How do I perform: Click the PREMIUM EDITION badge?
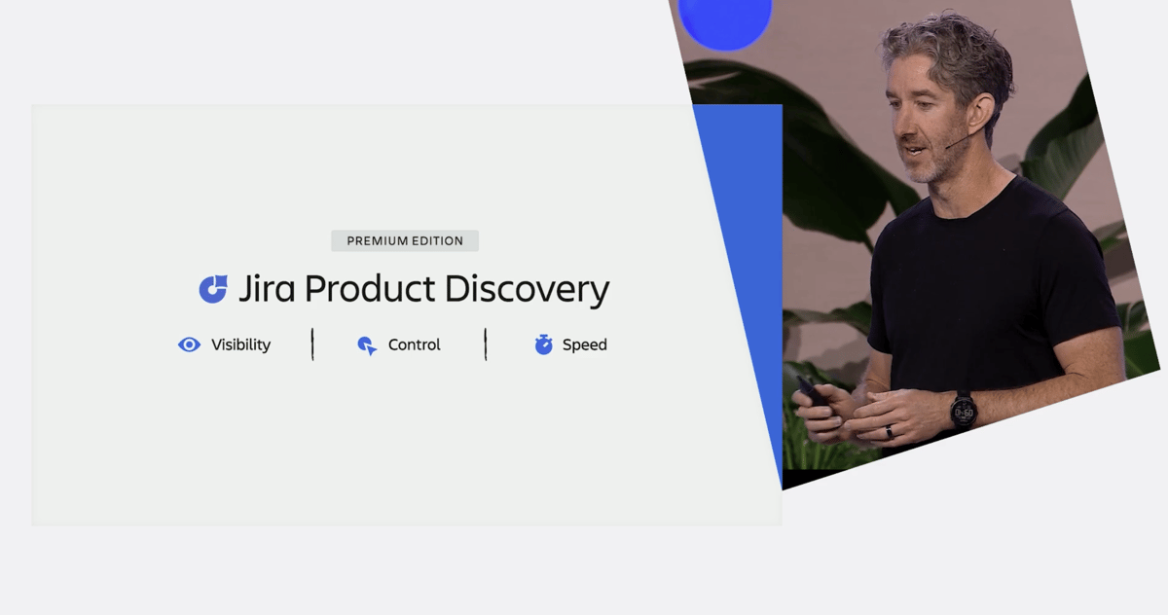coord(405,240)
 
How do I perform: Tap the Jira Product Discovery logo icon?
coord(213,289)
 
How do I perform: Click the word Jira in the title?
coord(267,289)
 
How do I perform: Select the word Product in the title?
coord(370,288)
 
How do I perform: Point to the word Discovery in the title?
coord(527,290)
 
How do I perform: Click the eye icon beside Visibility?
coord(189,344)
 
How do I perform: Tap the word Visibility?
coord(241,344)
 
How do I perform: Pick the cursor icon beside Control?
coord(367,345)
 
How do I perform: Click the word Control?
coord(414,344)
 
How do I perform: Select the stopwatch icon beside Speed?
coord(543,344)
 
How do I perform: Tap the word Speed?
coord(585,345)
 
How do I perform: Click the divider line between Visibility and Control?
coord(312,344)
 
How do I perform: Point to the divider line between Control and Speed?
coord(486,344)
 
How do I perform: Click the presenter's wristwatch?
coord(963,411)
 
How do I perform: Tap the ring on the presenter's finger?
coord(889,431)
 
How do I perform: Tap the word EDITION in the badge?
coord(437,240)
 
